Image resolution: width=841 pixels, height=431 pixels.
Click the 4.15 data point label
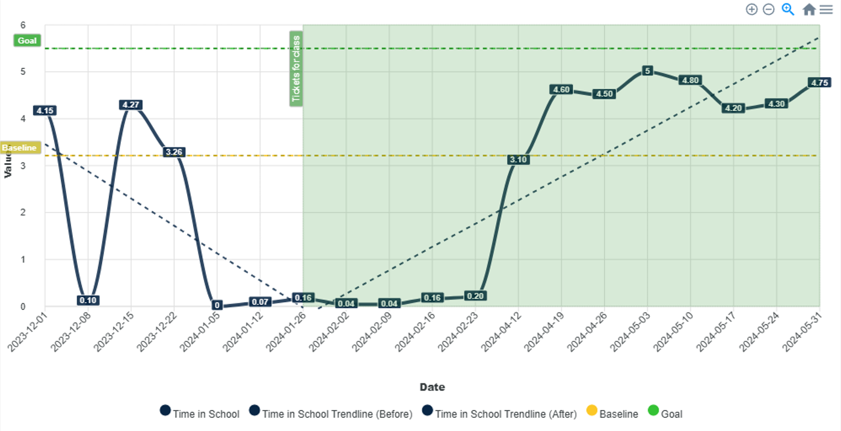[45, 111]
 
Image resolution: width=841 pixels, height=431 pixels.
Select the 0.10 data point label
[88, 300]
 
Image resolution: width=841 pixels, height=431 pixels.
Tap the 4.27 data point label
[131, 105]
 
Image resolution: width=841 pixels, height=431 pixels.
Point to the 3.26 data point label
[174, 152]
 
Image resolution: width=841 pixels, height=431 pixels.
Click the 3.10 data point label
[518, 160]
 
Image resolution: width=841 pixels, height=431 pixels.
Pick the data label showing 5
[647, 71]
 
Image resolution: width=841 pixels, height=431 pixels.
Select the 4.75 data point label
[819, 83]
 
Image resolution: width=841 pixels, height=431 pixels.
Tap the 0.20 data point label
[475, 296]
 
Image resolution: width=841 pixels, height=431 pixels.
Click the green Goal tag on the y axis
[27, 41]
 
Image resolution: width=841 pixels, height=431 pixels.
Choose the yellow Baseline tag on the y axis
[19, 147]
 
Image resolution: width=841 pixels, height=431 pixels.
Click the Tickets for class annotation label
[296, 69]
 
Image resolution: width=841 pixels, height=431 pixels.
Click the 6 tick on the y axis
[23, 25]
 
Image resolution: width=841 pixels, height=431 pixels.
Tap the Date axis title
[432, 387]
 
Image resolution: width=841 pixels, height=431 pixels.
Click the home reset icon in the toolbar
[809, 10]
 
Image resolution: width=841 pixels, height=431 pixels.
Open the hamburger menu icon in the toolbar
[826, 10]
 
